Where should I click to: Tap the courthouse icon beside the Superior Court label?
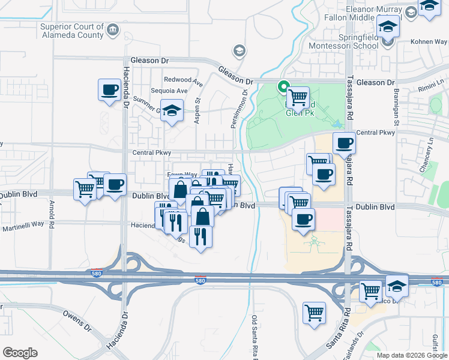(112, 30)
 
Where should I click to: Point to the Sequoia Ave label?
(169, 91)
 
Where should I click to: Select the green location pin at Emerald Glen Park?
(282, 87)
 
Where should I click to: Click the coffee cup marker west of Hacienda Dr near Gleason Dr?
(109, 91)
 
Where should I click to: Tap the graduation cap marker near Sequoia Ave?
(172, 110)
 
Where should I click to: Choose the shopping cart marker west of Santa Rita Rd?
(314, 313)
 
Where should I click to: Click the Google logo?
(20, 353)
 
